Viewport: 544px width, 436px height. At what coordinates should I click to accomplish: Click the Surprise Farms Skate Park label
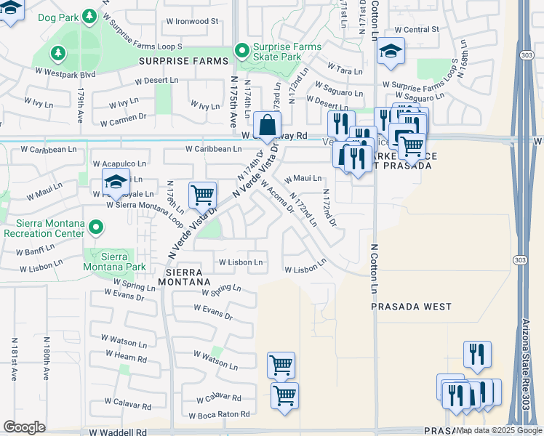click(286, 51)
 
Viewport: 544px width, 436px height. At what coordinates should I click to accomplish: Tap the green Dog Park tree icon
click(89, 15)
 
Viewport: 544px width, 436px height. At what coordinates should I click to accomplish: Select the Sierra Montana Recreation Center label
click(44, 228)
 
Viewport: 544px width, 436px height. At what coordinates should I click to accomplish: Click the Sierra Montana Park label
click(120, 262)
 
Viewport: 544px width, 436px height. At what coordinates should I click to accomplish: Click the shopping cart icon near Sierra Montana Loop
click(202, 194)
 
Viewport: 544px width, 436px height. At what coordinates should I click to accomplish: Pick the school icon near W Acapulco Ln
click(116, 182)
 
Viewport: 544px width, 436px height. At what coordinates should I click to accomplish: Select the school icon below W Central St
click(391, 51)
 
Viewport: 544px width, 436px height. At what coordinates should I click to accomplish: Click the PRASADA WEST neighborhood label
click(412, 307)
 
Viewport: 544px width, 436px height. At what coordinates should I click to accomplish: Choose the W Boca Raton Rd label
click(219, 415)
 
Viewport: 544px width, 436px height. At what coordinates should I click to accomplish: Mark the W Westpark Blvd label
click(65, 73)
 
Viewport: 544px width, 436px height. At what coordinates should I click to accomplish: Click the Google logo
click(24, 427)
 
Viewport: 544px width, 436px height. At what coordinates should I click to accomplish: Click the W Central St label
click(416, 30)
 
